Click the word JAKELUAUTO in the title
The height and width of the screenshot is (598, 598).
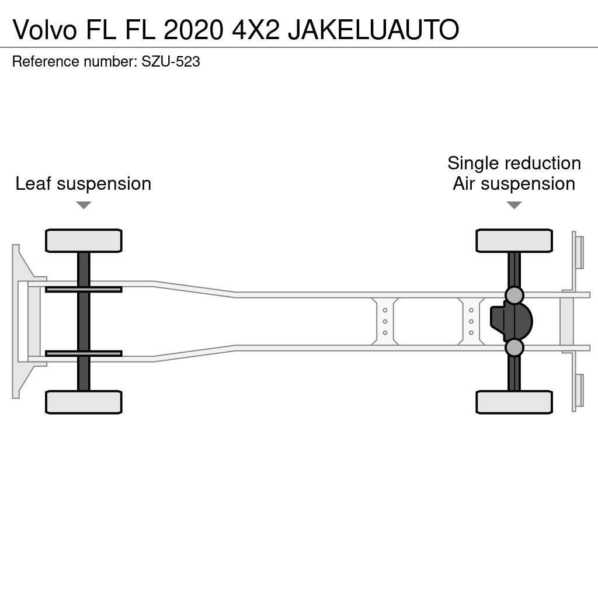373,29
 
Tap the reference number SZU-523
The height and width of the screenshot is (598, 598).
171,62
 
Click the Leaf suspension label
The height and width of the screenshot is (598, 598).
84,183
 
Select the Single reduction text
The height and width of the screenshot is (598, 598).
514,163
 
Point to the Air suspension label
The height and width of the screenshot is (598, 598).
514,183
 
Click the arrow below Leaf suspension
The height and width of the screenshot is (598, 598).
84,205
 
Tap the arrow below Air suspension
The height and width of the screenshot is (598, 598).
514,205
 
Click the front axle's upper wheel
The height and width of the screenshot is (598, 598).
84,241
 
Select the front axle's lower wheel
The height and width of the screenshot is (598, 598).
84,402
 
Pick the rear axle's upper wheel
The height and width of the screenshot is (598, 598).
514,241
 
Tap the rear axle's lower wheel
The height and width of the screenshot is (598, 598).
514,402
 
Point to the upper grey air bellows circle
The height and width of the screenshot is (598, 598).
514,295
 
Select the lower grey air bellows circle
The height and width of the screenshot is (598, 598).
514,347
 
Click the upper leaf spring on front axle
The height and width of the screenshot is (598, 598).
84,289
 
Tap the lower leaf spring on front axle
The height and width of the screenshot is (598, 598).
84,353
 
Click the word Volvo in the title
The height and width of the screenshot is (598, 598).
44,29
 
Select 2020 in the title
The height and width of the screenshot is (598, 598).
193,29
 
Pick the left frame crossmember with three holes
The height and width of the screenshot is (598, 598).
385,322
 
